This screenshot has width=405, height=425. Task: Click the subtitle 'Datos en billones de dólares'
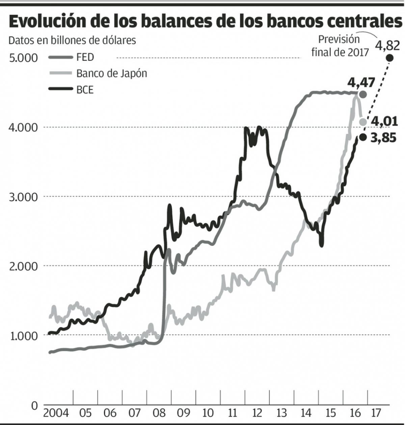(72, 40)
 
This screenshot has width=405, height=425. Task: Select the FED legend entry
(85, 57)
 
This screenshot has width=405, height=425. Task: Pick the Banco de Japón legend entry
(111, 73)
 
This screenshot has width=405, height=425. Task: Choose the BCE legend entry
(85, 90)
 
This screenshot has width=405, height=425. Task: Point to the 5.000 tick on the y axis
(23, 58)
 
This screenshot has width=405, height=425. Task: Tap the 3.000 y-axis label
(23, 197)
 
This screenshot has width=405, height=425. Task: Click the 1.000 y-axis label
(23, 336)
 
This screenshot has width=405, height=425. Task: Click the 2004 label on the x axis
(56, 413)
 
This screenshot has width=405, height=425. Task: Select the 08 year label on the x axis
(159, 413)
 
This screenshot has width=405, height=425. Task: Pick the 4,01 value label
(384, 121)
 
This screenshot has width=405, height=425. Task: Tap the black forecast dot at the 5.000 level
(389, 58)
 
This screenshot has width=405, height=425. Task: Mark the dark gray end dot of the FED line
(363, 94)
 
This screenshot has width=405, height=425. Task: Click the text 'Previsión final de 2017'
(340, 46)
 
